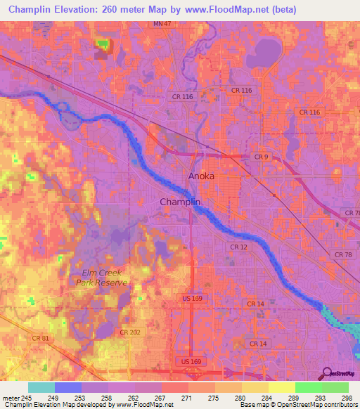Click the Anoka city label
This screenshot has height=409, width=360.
pyautogui.click(x=201, y=177)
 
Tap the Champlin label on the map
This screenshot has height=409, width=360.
pyautogui.click(x=181, y=202)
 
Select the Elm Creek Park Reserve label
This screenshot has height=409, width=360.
pyautogui.click(x=102, y=278)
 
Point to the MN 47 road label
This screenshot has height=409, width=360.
pyautogui.click(x=162, y=24)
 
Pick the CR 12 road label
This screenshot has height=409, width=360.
pyautogui.click(x=239, y=247)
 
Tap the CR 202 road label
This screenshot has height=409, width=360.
pyautogui.click(x=129, y=332)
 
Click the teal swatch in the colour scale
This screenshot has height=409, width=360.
pyautogui.click(x=41, y=387)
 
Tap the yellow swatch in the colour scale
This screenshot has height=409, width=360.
pyautogui.click(x=281, y=387)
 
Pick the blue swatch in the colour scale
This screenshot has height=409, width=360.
pyautogui.click(x=68, y=387)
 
